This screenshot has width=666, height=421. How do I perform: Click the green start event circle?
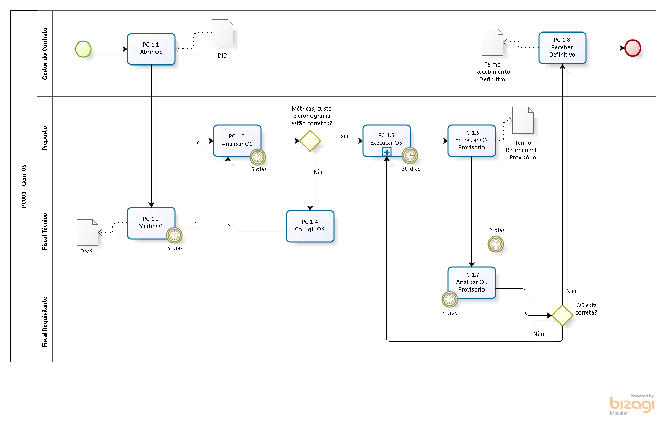point(83,49)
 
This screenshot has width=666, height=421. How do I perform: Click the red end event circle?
point(633,48)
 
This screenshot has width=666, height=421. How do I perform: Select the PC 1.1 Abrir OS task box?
point(151,49)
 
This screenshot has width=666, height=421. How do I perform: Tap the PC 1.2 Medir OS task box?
point(151,222)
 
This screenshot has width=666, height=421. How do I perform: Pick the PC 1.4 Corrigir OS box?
point(310,226)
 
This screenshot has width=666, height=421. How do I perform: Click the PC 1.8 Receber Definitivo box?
point(562,48)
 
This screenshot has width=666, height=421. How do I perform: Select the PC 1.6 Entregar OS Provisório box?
point(471,141)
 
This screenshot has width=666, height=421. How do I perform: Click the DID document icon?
point(222,33)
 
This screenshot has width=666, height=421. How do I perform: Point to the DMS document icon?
point(87,232)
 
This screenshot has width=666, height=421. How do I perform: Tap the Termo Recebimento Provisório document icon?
point(523,120)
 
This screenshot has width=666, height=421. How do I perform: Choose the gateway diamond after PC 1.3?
point(310,141)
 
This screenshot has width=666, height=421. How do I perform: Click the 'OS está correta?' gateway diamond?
point(562,315)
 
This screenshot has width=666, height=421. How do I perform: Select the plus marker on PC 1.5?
point(386,152)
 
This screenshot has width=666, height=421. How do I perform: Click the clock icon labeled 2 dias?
point(496,244)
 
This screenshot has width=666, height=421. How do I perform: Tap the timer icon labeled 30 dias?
point(410,156)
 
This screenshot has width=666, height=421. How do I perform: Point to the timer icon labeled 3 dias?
point(449,299)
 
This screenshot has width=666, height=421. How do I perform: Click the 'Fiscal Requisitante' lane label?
point(45,322)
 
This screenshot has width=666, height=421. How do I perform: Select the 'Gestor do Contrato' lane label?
point(45,53)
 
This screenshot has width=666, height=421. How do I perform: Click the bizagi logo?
point(632,404)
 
